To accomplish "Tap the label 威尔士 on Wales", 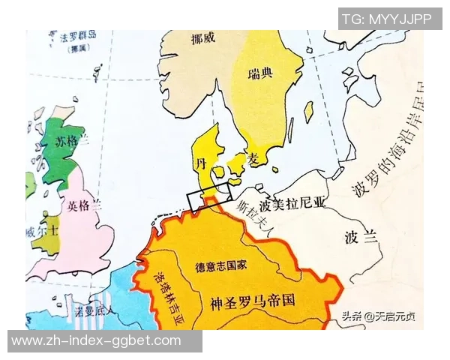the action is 40,232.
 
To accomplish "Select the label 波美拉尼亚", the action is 292,203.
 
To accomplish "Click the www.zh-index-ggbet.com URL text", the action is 96,340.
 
